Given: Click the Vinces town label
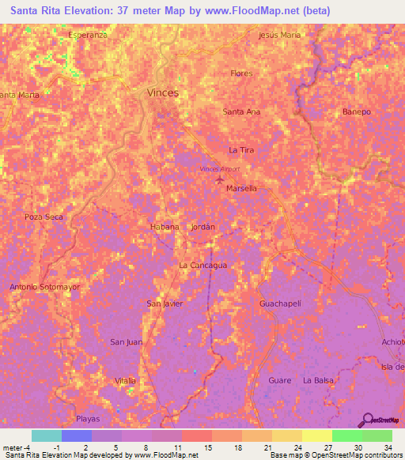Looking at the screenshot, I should click(x=163, y=92).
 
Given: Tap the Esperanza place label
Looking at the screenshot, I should click(x=87, y=36).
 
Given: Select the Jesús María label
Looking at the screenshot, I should click(x=279, y=36).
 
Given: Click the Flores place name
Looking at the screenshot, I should click(x=241, y=74).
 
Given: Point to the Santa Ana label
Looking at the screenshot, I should click(x=241, y=111).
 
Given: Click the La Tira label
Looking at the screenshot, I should click(x=241, y=149).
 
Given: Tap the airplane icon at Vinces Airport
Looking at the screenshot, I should click(x=220, y=181).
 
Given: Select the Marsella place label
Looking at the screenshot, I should click(x=241, y=189).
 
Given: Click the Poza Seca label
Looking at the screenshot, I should click(x=44, y=217).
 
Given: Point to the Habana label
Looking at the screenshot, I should click(x=165, y=227).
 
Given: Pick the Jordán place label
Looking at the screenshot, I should click(x=202, y=227).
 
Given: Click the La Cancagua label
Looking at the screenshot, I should click(x=203, y=266).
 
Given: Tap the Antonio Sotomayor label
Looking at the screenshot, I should click(x=44, y=287).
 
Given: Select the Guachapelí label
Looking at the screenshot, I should click(x=280, y=304).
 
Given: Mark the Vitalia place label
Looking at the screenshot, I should click(x=125, y=380).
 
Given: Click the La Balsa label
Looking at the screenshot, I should click(x=318, y=380).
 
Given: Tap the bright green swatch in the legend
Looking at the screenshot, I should click(x=346, y=435).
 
